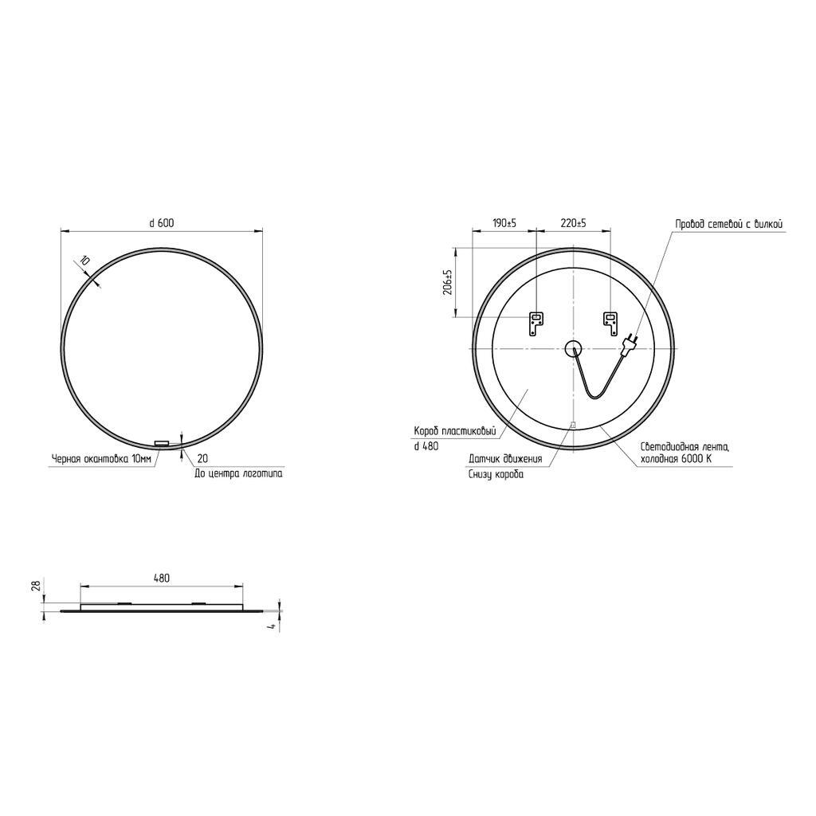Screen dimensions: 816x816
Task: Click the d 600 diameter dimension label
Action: tap(161, 223)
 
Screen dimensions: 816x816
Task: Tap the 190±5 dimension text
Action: tap(504, 223)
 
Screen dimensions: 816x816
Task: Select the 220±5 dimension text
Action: tap(573, 223)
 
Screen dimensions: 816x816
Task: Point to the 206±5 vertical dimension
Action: tap(447, 282)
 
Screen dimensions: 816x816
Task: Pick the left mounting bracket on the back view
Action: tap(536, 324)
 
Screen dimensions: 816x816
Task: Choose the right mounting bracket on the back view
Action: tap(610, 324)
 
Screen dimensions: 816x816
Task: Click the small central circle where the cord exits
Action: tap(573, 347)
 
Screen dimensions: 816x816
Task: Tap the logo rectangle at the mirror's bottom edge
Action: tap(162, 443)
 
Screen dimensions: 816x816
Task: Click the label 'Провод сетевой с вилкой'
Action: tap(728, 224)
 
